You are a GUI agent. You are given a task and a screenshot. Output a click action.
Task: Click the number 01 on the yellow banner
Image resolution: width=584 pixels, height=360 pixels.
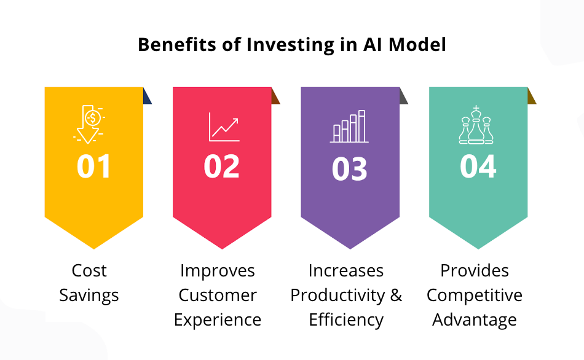[x=94, y=166]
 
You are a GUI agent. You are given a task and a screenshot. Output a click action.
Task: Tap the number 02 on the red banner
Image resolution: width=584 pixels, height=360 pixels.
[x=222, y=166]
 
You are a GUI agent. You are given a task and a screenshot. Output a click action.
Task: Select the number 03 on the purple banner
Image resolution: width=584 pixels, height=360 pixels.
[x=350, y=168]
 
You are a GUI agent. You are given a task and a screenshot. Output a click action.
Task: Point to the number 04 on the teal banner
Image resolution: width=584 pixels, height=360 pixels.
[x=478, y=166]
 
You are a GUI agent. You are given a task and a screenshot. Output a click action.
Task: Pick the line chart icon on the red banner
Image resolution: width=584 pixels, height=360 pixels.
[x=224, y=126]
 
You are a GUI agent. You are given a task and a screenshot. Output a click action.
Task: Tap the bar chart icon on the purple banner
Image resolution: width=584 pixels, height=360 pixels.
[x=349, y=127]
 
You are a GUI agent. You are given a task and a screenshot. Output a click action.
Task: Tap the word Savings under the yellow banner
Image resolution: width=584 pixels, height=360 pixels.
[x=89, y=295]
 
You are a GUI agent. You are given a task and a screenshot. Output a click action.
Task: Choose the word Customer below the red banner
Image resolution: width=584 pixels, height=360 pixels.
[x=218, y=295]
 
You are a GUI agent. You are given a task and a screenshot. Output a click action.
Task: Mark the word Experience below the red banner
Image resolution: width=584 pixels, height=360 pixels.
[x=218, y=320]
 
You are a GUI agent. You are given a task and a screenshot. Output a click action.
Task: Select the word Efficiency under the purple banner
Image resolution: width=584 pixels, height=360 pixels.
[x=346, y=319]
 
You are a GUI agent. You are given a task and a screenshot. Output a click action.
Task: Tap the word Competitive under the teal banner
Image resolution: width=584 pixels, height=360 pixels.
[x=475, y=295]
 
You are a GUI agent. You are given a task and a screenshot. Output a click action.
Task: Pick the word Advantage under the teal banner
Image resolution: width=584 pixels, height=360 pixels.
[x=475, y=319]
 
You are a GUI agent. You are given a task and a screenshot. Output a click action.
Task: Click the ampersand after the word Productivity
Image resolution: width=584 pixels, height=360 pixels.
[x=396, y=295]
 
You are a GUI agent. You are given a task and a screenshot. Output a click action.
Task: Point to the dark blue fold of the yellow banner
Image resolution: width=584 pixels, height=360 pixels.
[x=147, y=96]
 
